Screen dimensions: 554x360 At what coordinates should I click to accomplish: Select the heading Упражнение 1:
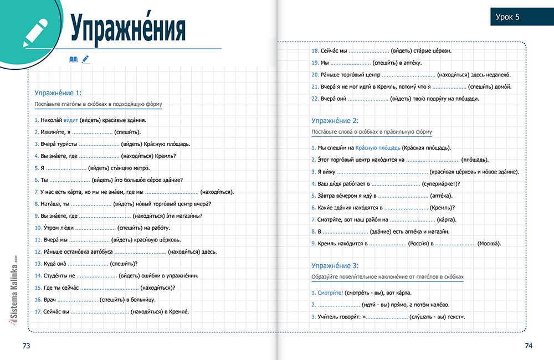pyautogui.click(x=58, y=93)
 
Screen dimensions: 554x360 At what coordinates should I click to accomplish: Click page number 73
pyautogui.click(x=26, y=346)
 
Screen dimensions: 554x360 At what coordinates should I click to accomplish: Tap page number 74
pyautogui.click(x=528, y=346)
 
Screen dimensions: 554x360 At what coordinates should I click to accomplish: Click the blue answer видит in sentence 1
pyautogui.click(x=71, y=120)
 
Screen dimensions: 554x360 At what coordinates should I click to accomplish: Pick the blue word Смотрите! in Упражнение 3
pyautogui.click(x=330, y=293)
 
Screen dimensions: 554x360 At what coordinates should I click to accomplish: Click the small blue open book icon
pyautogui.click(x=74, y=59)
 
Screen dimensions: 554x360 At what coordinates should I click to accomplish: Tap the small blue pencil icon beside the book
pyautogui.click(x=85, y=59)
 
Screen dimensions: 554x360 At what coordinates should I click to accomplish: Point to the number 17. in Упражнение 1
pyautogui.click(x=38, y=312)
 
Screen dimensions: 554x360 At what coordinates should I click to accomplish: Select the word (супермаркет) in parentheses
pyautogui.click(x=440, y=184)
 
